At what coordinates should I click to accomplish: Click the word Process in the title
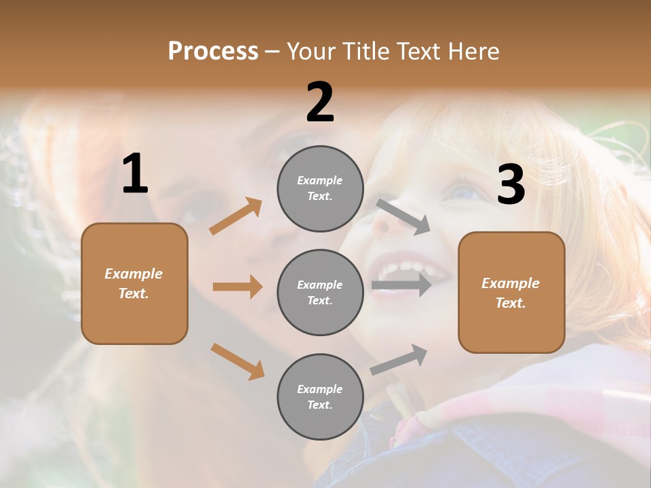(213, 52)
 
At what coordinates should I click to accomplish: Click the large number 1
(135, 174)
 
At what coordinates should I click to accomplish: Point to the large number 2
(320, 103)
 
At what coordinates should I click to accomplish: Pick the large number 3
(511, 185)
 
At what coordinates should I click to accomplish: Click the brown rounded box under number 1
(134, 283)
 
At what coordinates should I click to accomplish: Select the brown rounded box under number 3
(511, 292)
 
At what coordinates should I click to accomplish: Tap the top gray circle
(320, 188)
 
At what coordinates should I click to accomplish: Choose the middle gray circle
(320, 292)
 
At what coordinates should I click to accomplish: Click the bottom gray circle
(320, 396)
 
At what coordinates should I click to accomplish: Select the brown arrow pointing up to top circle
(236, 216)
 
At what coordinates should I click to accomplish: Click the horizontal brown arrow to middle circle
(237, 287)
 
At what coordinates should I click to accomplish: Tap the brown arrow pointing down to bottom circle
(237, 361)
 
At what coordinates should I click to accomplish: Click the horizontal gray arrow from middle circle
(401, 285)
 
